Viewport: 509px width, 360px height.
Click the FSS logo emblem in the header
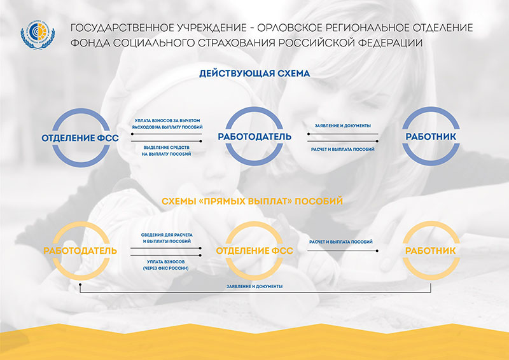[x=38, y=35]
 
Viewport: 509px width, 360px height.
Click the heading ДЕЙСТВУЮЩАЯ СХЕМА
[x=254, y=73]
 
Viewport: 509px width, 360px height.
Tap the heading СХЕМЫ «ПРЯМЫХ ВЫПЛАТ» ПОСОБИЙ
[x=252, y=201]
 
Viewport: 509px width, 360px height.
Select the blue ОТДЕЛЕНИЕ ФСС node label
[x=80, y=138]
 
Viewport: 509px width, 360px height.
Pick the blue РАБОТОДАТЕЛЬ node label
[x=254, y=136]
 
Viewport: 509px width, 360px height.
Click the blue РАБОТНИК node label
[x=431, y=136]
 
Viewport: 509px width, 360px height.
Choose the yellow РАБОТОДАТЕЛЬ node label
[x=80, y=251]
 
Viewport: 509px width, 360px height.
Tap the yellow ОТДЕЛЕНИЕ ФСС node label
[x=254, y=251]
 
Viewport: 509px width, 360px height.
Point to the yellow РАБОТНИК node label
[x=431, y=251]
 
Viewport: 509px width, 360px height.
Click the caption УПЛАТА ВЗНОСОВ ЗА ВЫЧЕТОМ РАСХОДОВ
[x=167, y=123]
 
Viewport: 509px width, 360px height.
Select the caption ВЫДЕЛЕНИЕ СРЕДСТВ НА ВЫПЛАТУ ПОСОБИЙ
[x=166, y=151]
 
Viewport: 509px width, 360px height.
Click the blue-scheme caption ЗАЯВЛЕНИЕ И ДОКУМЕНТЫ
[x=343, y=126]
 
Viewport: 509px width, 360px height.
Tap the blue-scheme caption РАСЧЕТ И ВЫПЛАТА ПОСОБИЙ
[x=343, y=149]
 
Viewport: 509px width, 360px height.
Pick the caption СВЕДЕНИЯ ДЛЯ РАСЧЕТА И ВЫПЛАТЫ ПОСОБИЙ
[x=167, y=238]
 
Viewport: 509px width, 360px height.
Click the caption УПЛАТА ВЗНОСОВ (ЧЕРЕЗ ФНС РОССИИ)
[x=166, y=265]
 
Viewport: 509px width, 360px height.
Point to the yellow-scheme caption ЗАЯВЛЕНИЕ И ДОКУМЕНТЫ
[x=254, y=286]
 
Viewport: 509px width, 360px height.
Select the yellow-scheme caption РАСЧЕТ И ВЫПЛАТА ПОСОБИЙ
[x=341, y=242]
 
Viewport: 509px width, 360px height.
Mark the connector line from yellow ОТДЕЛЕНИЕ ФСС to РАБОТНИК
[x=343, y=251]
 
